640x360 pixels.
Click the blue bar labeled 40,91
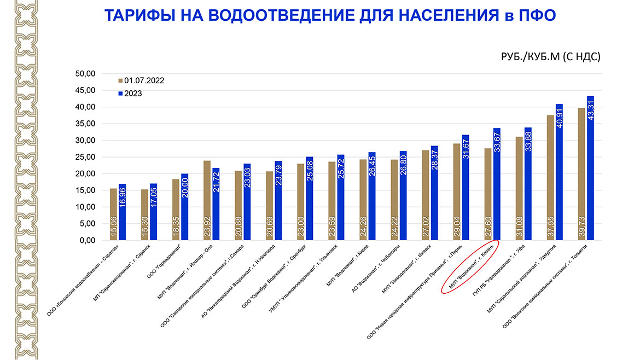(x=559, y=172)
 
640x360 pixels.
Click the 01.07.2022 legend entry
(x=141, y=80)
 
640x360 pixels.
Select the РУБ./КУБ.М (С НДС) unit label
(x=551, y=57)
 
